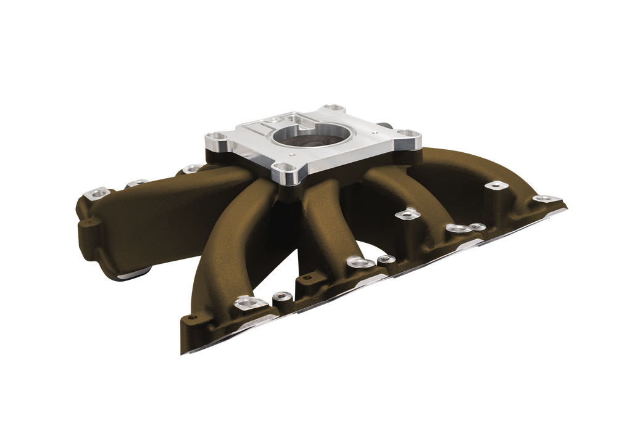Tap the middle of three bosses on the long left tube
(138, 182)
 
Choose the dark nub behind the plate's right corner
(386, 125)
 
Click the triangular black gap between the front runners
(284, 259)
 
